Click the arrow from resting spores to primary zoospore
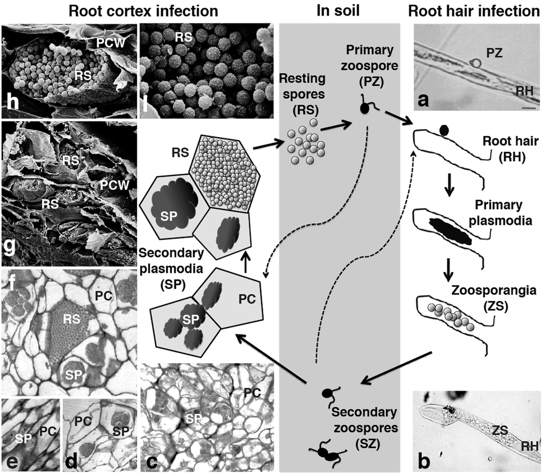[x=336, y=123]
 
